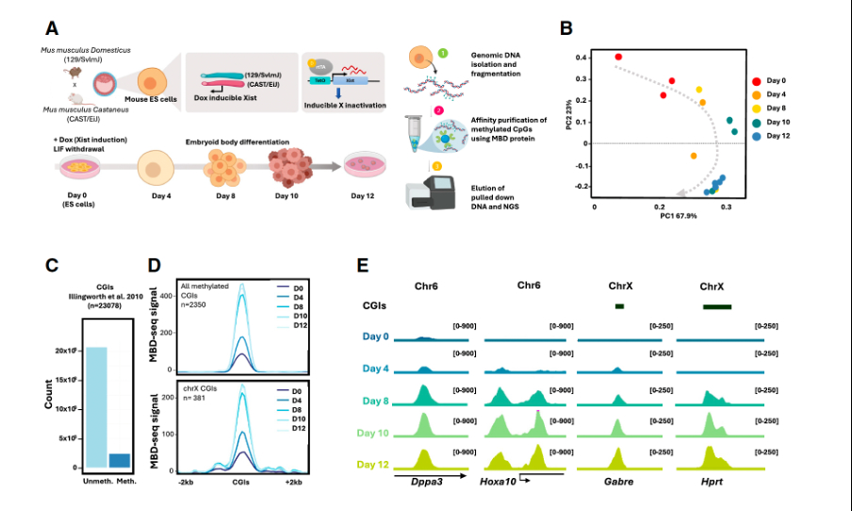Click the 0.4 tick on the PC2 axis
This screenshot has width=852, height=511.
pyautogui.click(x=583, y=58)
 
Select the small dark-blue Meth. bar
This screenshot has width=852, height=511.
pyautogui.click(x=121, y=460)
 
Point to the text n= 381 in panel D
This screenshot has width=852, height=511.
pyautogui.click(x=193, y=399)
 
